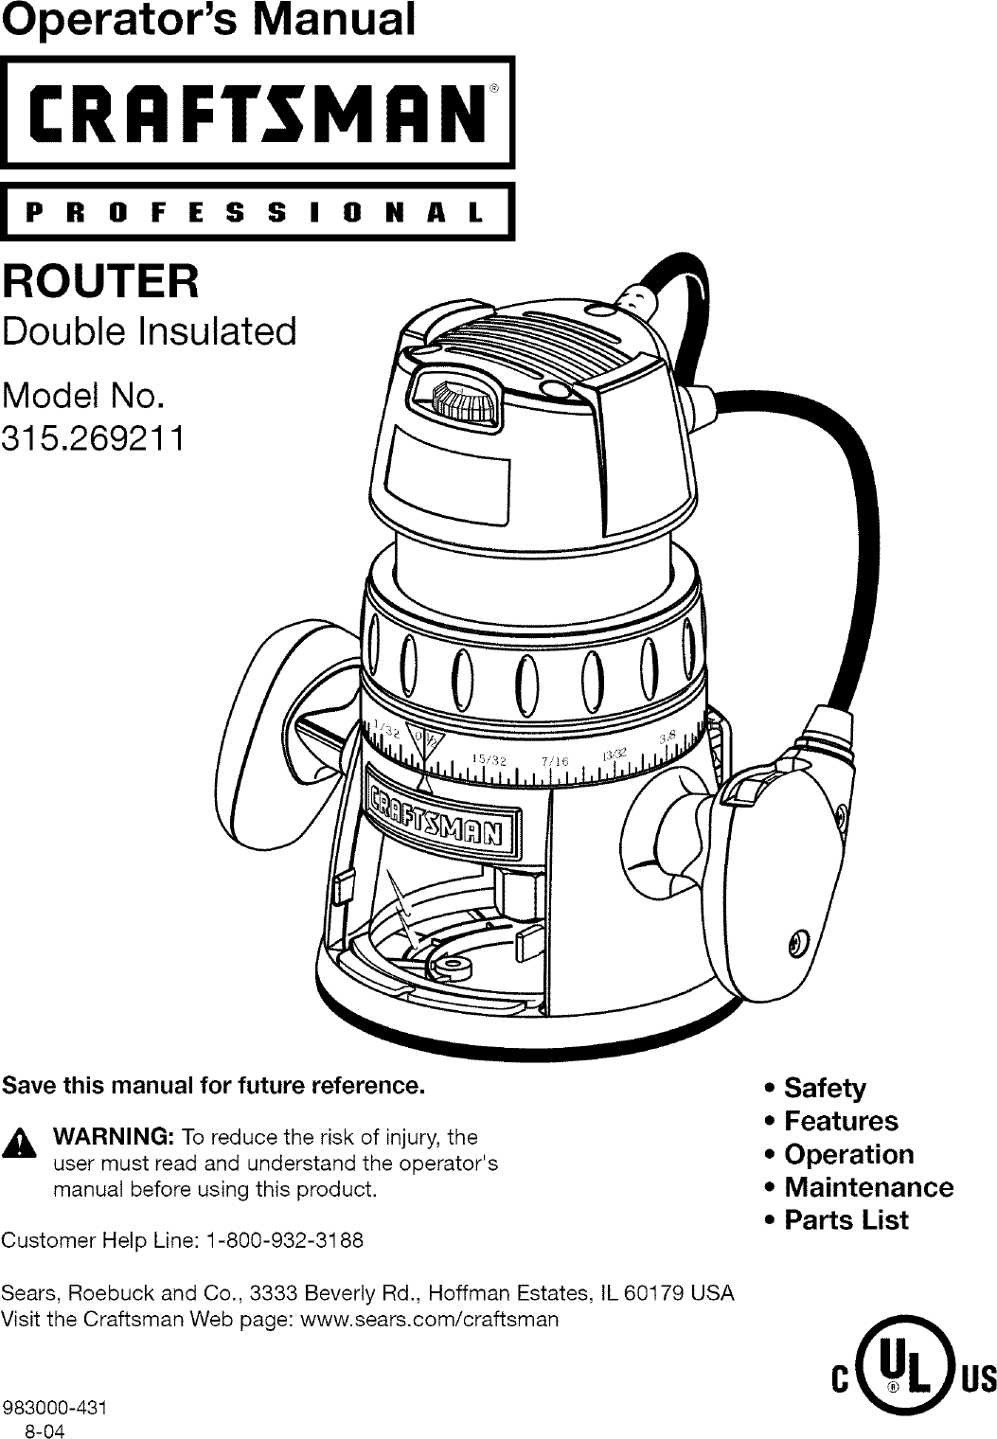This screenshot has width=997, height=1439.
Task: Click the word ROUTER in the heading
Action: (101, 281)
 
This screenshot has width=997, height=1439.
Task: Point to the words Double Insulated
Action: (151, 332)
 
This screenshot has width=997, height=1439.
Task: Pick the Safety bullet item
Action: (824, 1089)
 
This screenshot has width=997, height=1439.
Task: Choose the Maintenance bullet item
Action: (868, 1187)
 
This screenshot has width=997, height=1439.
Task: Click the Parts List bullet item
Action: (846, 1220)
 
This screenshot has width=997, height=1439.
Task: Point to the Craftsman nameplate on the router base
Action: (440, 807)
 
